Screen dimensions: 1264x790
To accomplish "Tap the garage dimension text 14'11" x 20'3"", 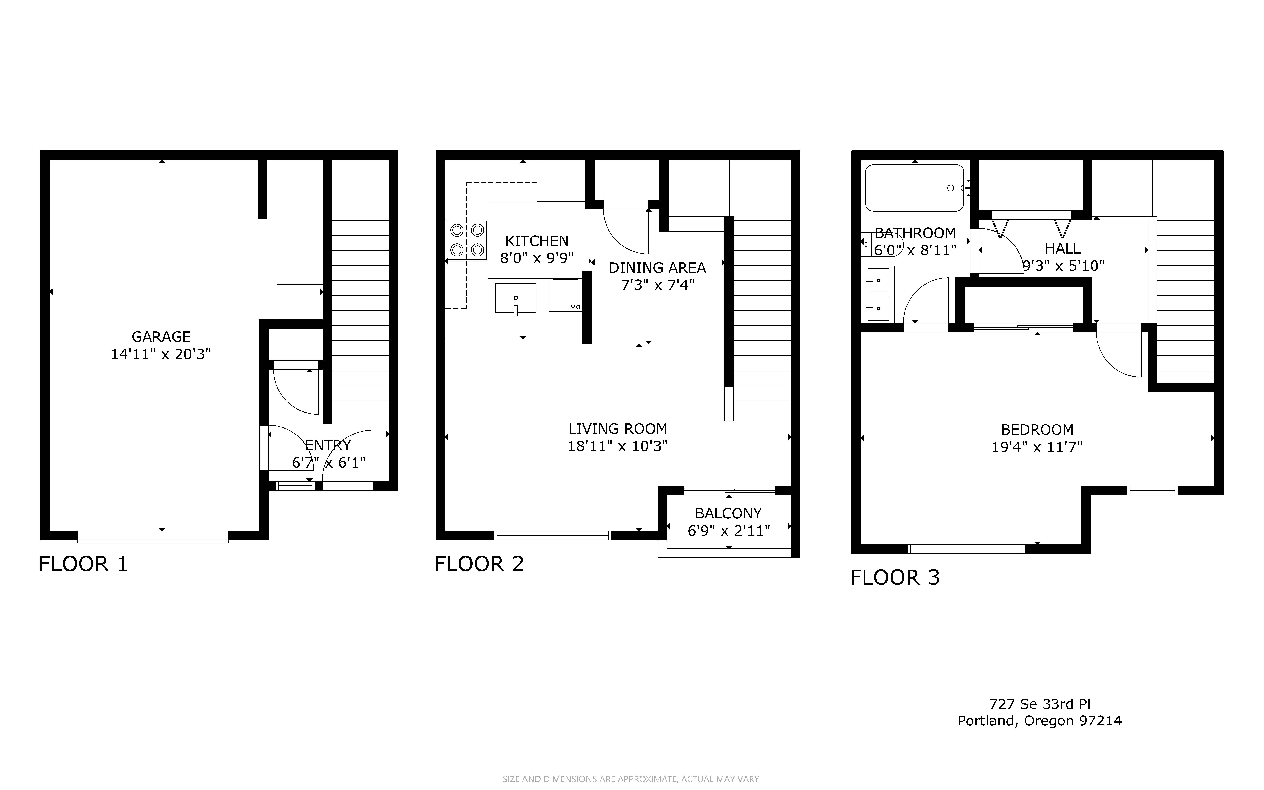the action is [161, 354].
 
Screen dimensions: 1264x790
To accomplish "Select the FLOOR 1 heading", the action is [84, 564].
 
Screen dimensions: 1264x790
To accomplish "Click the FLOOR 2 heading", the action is [479, 564].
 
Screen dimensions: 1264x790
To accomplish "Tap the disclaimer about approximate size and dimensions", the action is [631, 779].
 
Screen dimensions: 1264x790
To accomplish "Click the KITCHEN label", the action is [537, 241].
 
